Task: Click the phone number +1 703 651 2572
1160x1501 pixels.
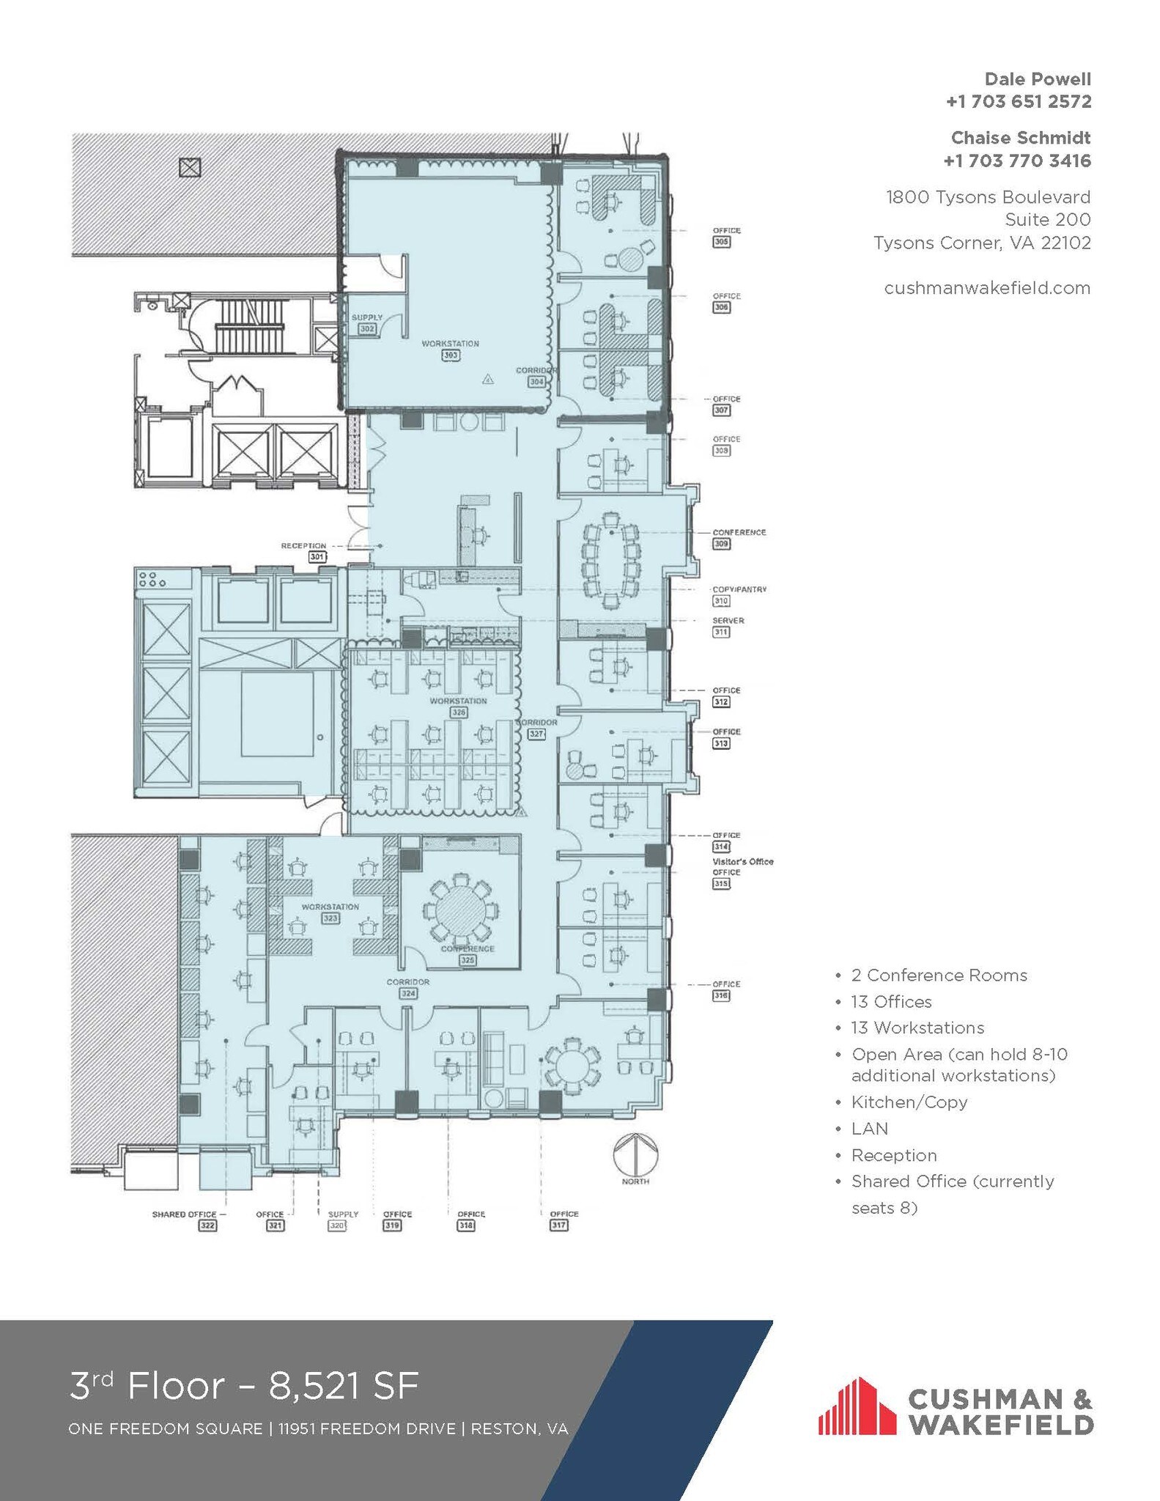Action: click(x=1018, y=102)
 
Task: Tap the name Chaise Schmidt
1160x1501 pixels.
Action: click(x=1020, y=138)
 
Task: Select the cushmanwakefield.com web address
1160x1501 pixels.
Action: click(x=986, y=288)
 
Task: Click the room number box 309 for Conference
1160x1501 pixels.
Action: click(x=721, y=544)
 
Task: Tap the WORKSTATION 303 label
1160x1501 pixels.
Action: click(x=450, y=349)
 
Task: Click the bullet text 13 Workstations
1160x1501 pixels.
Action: click(x=917, y=1028)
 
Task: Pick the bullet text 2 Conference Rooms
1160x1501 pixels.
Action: click(x=939, y=975)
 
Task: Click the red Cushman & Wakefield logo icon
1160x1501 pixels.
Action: click(x=856, y=1407)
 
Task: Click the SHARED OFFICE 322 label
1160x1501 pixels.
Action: click(x=185, y=1214)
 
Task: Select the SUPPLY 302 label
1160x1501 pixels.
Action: click(x=367, y=323)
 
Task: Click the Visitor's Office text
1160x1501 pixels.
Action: click(x=742, y=861)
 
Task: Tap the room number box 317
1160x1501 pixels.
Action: click(x=558, y=1225)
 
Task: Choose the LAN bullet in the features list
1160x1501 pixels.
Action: click(x=869, y=1129)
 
